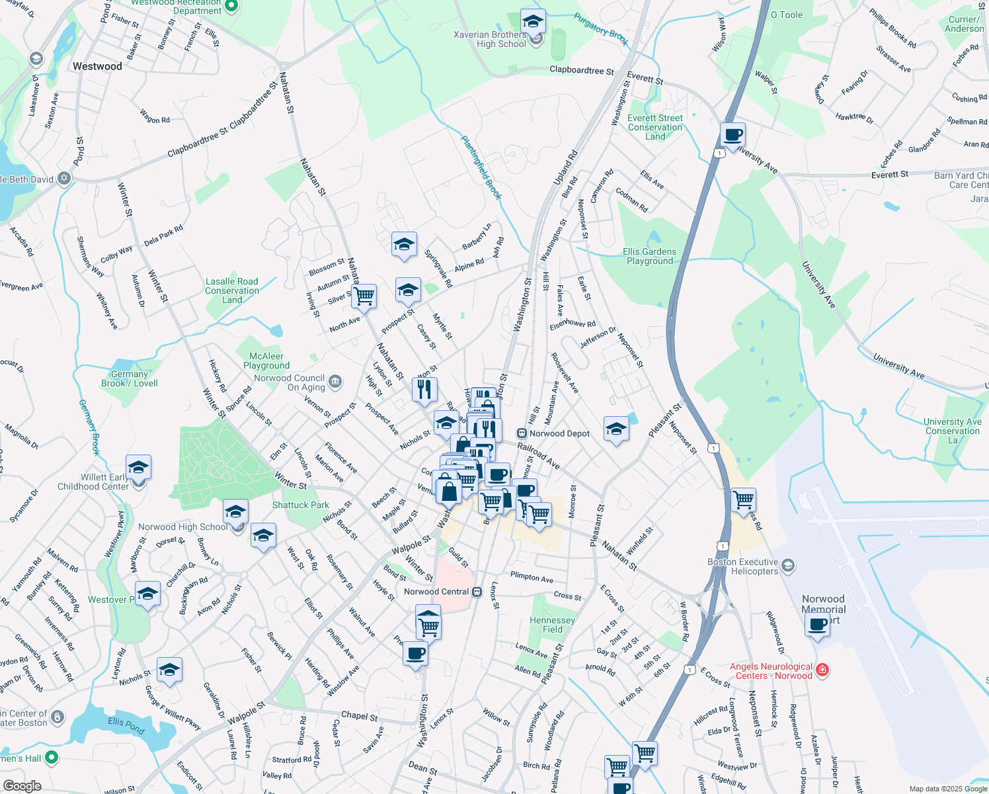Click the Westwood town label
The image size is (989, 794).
97,66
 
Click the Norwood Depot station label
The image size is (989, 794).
559,433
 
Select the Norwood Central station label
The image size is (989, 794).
436,592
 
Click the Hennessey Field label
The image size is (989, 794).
552,625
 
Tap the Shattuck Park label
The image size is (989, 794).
300,505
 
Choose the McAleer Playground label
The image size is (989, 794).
266,361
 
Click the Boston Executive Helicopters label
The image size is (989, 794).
742,566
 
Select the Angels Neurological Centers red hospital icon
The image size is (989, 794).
822,670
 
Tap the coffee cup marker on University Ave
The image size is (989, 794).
732,136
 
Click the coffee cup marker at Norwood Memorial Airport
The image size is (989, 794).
818,624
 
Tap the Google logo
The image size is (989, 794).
22,786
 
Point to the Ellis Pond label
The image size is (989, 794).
126,725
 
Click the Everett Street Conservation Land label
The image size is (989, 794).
655,127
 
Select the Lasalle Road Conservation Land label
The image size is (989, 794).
231,290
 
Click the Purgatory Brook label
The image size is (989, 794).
601,29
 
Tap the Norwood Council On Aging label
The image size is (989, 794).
290,382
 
